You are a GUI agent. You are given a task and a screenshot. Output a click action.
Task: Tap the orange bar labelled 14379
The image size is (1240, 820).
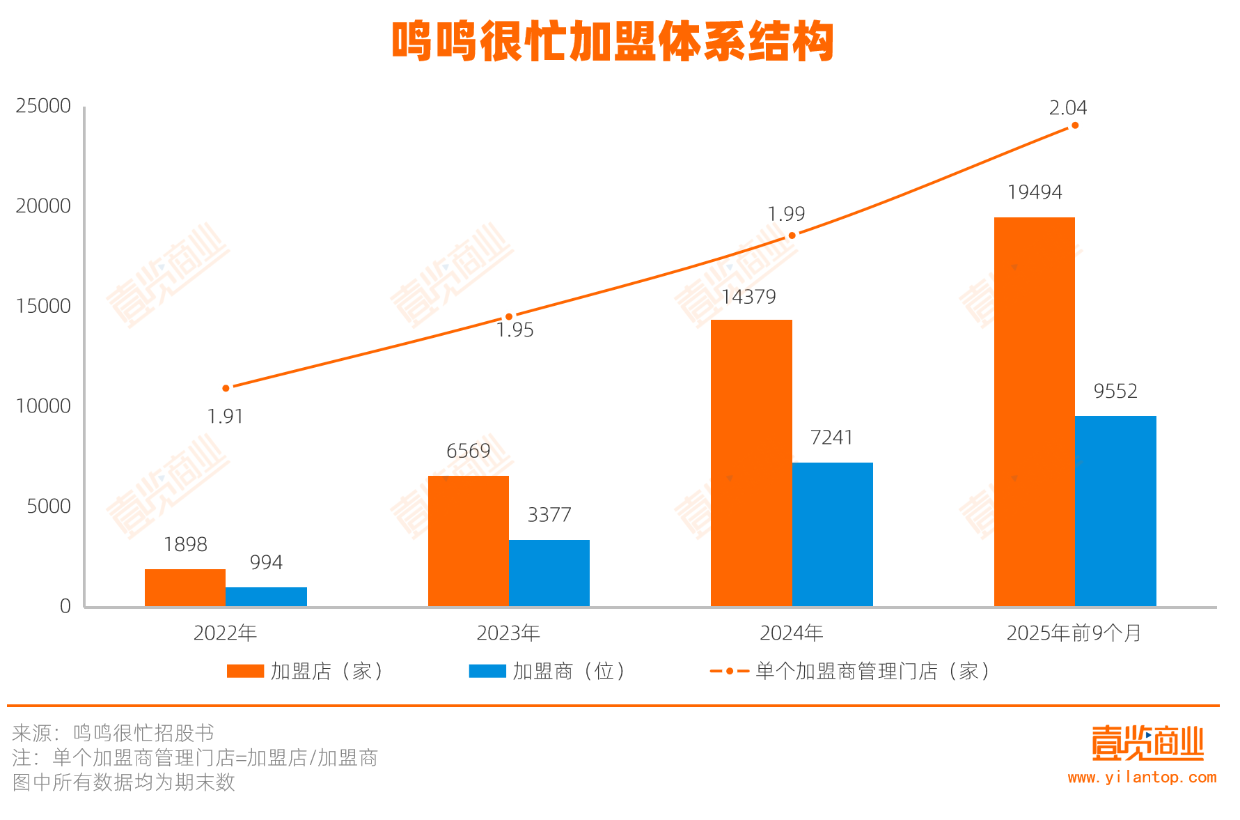[751, 463]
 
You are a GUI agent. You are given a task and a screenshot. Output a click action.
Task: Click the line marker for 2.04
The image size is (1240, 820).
[1075, 125]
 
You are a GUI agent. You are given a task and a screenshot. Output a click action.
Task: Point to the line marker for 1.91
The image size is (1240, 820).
[226, 388]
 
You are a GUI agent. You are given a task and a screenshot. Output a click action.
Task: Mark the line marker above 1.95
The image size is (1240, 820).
[509, 317]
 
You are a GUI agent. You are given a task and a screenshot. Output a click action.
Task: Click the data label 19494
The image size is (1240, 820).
[1035, 192]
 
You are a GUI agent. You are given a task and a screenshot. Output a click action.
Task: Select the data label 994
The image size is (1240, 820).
[266, 562]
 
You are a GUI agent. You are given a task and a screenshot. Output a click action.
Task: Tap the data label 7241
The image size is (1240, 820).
[832, 438]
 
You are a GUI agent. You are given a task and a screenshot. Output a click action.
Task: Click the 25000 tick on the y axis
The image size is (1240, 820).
[43, 106]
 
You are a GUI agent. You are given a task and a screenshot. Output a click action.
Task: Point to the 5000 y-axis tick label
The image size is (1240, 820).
[49, 506]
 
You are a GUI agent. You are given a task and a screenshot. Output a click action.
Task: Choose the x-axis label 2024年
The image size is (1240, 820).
[792, 633]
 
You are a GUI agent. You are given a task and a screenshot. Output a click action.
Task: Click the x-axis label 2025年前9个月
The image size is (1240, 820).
[1074, 633]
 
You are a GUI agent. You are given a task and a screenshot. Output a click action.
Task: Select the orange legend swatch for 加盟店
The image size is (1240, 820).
[245, 671]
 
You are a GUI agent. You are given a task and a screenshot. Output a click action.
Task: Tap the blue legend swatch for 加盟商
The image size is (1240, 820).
[487, 671]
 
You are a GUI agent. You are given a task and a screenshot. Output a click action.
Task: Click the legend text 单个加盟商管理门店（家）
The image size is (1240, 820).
[873, 671]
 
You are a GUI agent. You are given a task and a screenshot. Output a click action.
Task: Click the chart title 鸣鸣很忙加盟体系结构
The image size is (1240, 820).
[613, 42]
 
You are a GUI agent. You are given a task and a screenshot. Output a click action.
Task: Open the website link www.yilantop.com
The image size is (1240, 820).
[1142, 778]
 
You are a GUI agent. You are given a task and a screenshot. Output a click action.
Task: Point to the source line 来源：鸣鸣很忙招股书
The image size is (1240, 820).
[113, 733]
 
